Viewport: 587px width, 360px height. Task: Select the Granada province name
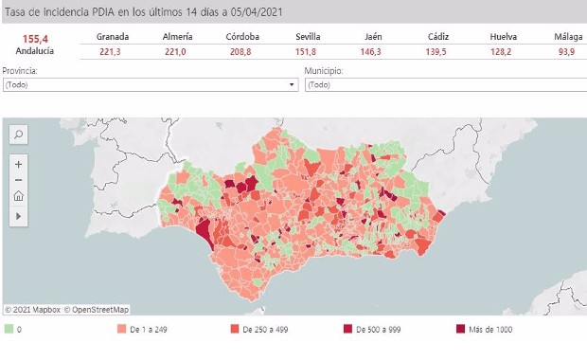tap(112, 36)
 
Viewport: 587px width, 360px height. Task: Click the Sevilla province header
tap(308, 36)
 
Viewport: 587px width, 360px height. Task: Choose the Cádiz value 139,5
tap(436, 51)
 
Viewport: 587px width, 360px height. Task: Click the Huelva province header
tap(503, 36)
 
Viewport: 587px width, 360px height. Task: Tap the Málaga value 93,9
tap(566, 51)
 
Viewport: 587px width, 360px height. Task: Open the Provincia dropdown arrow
tap(292, 84)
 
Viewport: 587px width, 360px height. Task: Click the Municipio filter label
tap(323, 71)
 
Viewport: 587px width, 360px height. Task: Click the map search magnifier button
tap(18, 135)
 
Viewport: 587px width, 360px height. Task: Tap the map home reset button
tap(18, 197)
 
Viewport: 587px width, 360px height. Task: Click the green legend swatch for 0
tap(9, 330)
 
